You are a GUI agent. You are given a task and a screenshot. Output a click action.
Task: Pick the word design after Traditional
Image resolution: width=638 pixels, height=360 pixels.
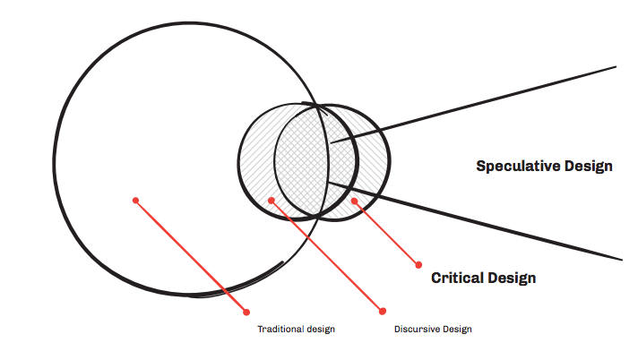[x=319, y=330]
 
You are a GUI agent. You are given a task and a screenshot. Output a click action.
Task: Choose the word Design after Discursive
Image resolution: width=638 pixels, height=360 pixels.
[x=455, y=330]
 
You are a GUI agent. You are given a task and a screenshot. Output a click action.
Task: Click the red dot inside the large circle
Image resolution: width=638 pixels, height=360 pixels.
[x=135, y=200]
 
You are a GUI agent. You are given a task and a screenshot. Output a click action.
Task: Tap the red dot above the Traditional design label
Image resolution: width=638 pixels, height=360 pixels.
[x=246, y=312]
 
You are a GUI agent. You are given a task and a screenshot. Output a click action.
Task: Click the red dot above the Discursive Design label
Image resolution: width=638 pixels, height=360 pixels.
[x=383, y=311]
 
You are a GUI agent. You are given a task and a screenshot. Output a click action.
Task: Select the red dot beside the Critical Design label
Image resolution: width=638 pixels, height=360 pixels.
[x=418, y=264]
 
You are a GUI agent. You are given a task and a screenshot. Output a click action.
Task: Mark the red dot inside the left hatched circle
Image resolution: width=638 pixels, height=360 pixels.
[x=272, y=200]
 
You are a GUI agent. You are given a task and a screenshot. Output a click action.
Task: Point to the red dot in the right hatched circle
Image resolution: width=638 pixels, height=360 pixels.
[x=355, y=201]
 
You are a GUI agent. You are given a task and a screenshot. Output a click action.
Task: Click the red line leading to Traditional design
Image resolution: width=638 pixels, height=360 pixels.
[x=191, y=255]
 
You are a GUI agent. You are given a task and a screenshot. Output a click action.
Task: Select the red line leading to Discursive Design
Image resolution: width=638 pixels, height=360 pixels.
[x=327, y=255]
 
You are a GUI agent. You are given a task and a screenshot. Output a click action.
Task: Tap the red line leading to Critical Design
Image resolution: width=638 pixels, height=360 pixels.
[x=386, y=232]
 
